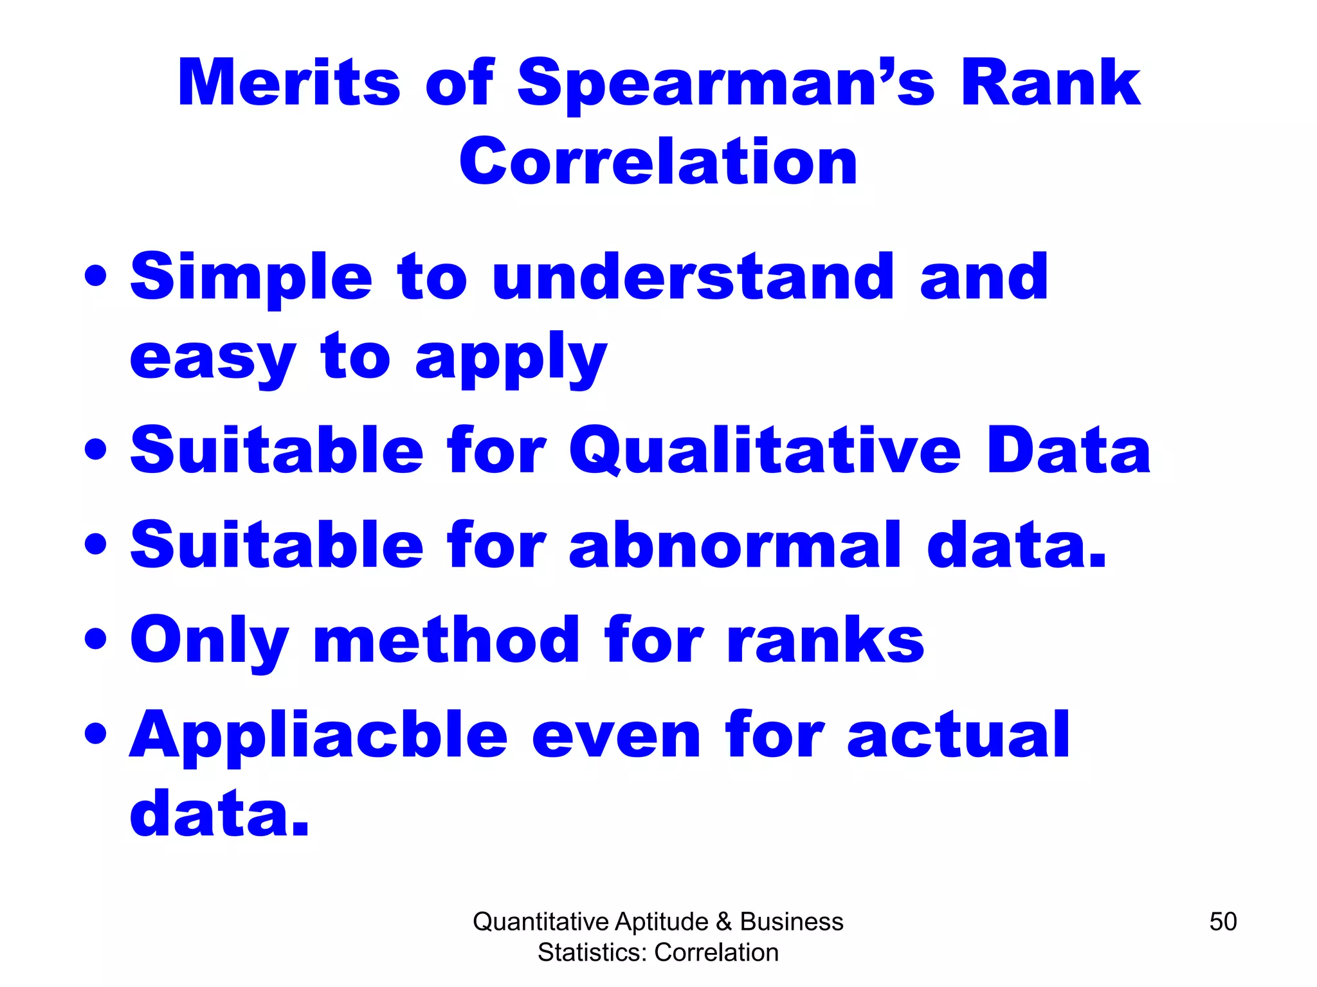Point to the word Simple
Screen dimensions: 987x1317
(x=251, y=278)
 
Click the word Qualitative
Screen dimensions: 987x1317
(x=765, y=451)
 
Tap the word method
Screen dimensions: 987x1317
(x=446, y=639)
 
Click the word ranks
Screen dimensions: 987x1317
(x=825, y=639)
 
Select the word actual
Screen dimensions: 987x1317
(x=958, y=734)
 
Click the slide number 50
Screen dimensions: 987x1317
(x=1222, y=921)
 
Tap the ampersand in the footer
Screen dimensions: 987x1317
(x=723, y=921)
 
